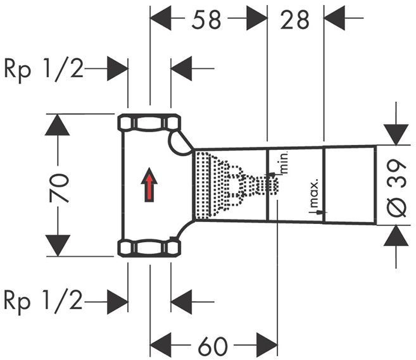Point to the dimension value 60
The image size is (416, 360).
(213, 345)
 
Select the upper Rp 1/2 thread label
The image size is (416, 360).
(44, 68)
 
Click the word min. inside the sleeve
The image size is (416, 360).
(284, 163)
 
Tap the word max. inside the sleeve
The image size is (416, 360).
(313, 191)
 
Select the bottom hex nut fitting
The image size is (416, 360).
(149, 248)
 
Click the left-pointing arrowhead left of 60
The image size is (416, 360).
(161, 345)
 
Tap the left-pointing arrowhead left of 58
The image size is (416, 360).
(161, 19)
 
